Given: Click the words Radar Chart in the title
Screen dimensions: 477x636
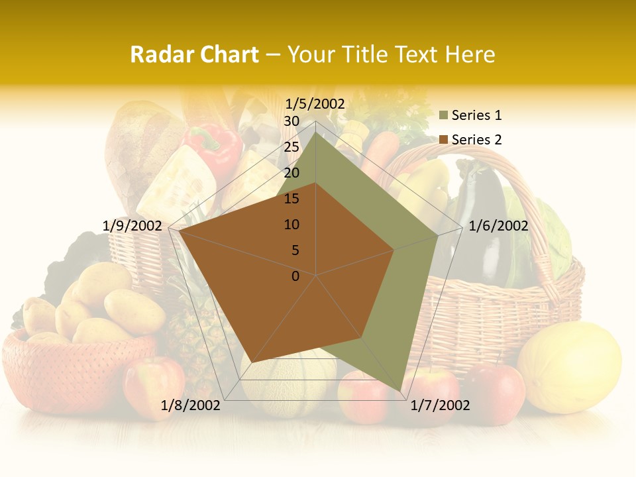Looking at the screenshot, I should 194,54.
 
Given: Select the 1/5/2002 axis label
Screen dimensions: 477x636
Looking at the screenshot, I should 315,103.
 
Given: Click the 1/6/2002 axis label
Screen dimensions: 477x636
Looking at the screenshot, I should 498,226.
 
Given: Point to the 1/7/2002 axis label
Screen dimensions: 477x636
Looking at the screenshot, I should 440,405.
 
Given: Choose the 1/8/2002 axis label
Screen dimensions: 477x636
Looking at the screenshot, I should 191,405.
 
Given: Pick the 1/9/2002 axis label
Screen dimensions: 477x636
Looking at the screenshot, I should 132,226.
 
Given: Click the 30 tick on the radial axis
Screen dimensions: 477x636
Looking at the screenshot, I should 291,121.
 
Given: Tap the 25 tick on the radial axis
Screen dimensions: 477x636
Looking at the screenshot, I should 291,147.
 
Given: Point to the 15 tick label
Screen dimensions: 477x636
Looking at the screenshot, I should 291,199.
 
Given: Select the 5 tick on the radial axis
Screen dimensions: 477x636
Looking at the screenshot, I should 295,250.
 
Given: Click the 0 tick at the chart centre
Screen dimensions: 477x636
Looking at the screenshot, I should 295,276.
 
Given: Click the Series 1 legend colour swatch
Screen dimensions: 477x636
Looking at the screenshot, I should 443,116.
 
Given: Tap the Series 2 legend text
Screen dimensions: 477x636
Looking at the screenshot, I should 476,140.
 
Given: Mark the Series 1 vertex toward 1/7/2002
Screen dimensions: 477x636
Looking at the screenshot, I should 401,391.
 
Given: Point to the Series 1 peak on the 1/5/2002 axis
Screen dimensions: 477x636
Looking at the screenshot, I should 316,132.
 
